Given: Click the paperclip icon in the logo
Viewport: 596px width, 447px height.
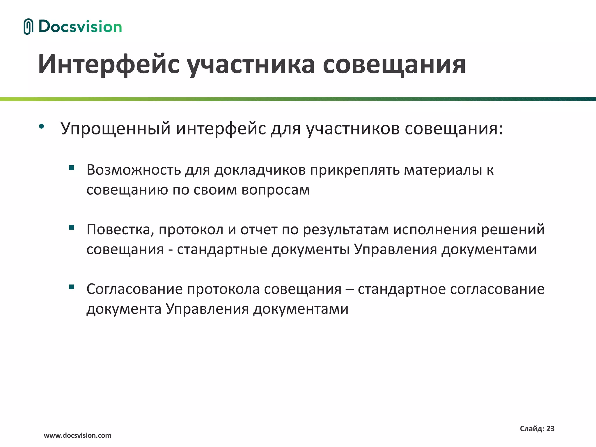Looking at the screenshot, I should point(28,26).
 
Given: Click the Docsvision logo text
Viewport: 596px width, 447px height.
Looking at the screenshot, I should point(80,26).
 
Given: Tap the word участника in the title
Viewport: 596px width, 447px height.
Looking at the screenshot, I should point(251,64).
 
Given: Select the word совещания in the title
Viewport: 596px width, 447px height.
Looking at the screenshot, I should point(394,64).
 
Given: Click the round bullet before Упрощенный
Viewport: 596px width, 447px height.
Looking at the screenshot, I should point(42,126).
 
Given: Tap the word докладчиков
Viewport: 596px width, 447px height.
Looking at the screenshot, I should point(260,170).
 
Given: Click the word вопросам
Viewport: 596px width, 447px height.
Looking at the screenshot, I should point(276,190).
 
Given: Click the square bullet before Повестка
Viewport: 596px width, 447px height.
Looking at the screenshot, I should point(72,227).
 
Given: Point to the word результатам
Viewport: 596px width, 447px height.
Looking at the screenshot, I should point(346,229).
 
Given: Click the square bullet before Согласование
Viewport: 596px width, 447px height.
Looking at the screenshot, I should point(72,287).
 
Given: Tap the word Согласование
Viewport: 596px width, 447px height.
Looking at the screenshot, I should point(134,289).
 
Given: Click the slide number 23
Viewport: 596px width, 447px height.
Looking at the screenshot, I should point(550,428).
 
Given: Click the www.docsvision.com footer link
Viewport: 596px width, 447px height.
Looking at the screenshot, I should point(77,435).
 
